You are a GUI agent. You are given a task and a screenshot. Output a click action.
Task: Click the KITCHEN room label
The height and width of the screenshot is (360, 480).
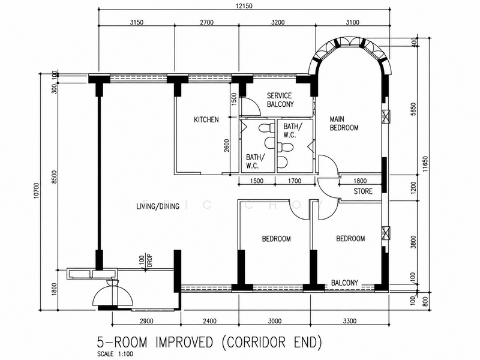206,119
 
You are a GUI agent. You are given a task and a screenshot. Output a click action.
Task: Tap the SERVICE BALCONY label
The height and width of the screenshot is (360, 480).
280,100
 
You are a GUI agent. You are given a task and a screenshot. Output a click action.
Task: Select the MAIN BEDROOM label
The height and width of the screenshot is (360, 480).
344,124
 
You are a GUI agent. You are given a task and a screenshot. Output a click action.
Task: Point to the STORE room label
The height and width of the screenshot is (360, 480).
363,191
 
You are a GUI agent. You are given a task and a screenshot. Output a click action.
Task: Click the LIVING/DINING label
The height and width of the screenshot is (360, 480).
158,206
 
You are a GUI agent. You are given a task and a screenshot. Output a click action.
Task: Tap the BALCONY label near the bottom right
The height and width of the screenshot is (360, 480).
344,283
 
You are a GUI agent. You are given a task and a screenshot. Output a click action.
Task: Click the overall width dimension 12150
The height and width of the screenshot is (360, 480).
244,6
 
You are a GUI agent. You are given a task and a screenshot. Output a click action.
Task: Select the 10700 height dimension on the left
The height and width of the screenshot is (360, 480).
37,190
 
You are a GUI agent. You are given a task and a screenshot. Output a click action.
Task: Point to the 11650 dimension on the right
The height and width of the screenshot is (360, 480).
425,164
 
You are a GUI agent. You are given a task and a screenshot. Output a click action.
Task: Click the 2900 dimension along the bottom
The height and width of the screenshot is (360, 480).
146,321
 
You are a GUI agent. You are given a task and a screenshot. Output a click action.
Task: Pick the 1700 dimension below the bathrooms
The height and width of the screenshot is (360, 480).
295,181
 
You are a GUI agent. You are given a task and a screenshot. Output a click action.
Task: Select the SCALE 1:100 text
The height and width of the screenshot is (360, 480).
115,354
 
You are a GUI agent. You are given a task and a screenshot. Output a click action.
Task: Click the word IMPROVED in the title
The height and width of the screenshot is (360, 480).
184,342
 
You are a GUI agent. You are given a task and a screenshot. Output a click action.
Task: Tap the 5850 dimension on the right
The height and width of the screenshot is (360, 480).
413,109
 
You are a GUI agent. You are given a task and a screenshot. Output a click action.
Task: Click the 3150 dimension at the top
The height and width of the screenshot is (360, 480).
137,22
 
